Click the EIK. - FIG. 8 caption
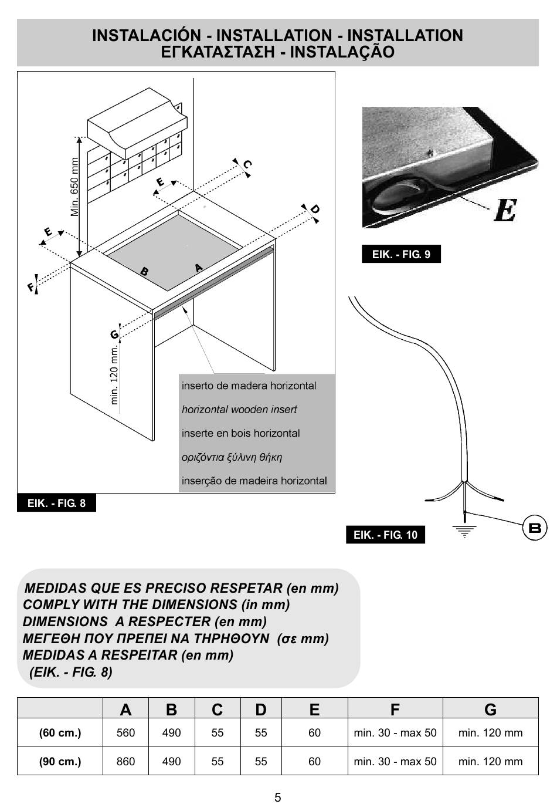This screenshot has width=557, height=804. pos(56,503)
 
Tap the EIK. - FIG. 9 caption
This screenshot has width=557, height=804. pos(401,254)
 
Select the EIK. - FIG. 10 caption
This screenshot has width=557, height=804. pos(385,535)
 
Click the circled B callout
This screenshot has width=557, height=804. pos(534,528)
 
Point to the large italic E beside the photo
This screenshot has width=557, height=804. pos(505,210)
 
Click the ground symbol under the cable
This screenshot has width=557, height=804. pos(464,531)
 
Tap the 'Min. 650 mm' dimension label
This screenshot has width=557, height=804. pos(75,187)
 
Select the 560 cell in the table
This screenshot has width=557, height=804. pos(125,732)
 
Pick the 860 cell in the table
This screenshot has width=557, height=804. pos(125,761)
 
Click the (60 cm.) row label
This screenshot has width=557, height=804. pos(60,732)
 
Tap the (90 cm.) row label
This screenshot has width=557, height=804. pos(60,761)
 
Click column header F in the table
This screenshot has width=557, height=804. pos(395,710)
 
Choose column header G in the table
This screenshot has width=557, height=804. pos(490,710)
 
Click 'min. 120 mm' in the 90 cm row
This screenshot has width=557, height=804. pos(490,761)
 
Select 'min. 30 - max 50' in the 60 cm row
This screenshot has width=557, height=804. pos(395,732)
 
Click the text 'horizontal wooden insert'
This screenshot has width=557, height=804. pos(239,410)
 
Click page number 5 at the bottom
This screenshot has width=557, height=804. pos(278,796)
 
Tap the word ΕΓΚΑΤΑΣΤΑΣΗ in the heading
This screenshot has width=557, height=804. pos(218,52)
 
